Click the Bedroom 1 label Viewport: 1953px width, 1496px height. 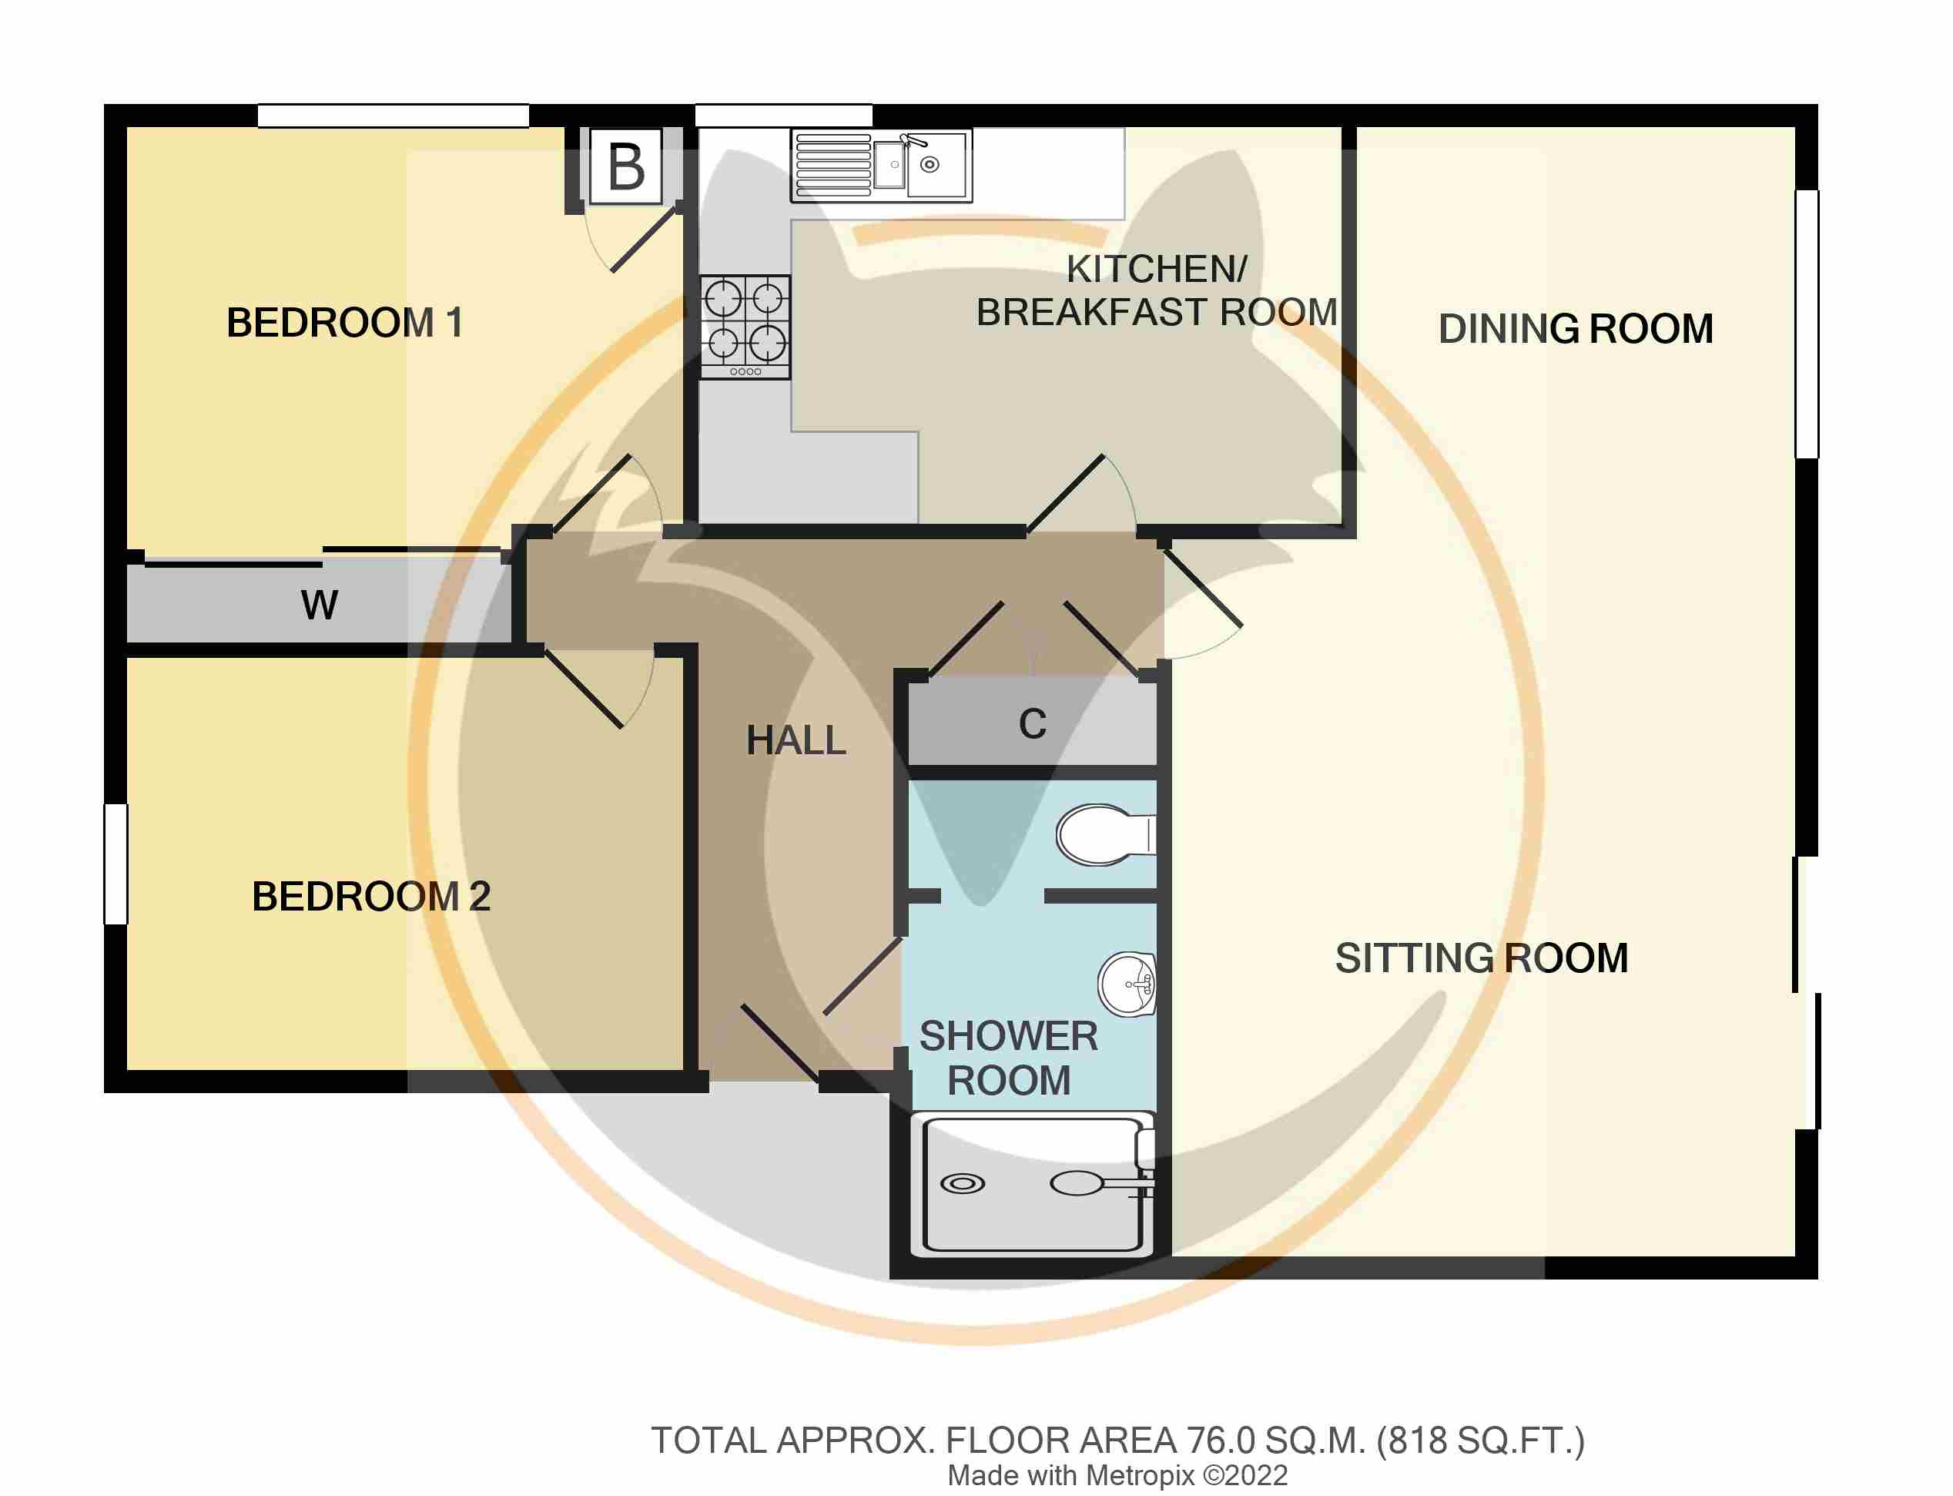click(x=344, y=322)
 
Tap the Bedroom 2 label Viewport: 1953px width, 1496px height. click(x=371, y=896)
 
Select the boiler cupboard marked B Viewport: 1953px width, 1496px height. click(x=626, y=166)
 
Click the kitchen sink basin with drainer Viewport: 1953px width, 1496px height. click(x=881, y=166)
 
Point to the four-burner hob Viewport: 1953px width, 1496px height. click(x=745, y=327)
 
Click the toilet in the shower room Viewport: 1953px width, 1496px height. click(x=1107, y=835)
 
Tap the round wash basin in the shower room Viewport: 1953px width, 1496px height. click(x=1127, y=984)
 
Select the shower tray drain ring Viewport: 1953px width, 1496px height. click(x=963, y=1184)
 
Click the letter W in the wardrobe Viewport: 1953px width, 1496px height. click(x=320, y=605)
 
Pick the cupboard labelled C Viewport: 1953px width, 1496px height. click(x=1033, y=724)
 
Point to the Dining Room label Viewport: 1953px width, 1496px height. click(x=1576, y=329)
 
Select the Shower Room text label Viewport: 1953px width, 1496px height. click(x=1009, y=1058)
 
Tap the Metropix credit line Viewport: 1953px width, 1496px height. click(x=1117, y=1475)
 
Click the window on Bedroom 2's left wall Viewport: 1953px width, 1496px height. click(x=116, y=864)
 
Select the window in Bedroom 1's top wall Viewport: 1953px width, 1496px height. click(x=394, y=116)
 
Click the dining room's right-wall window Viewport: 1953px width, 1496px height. click(x=1806, y=324)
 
